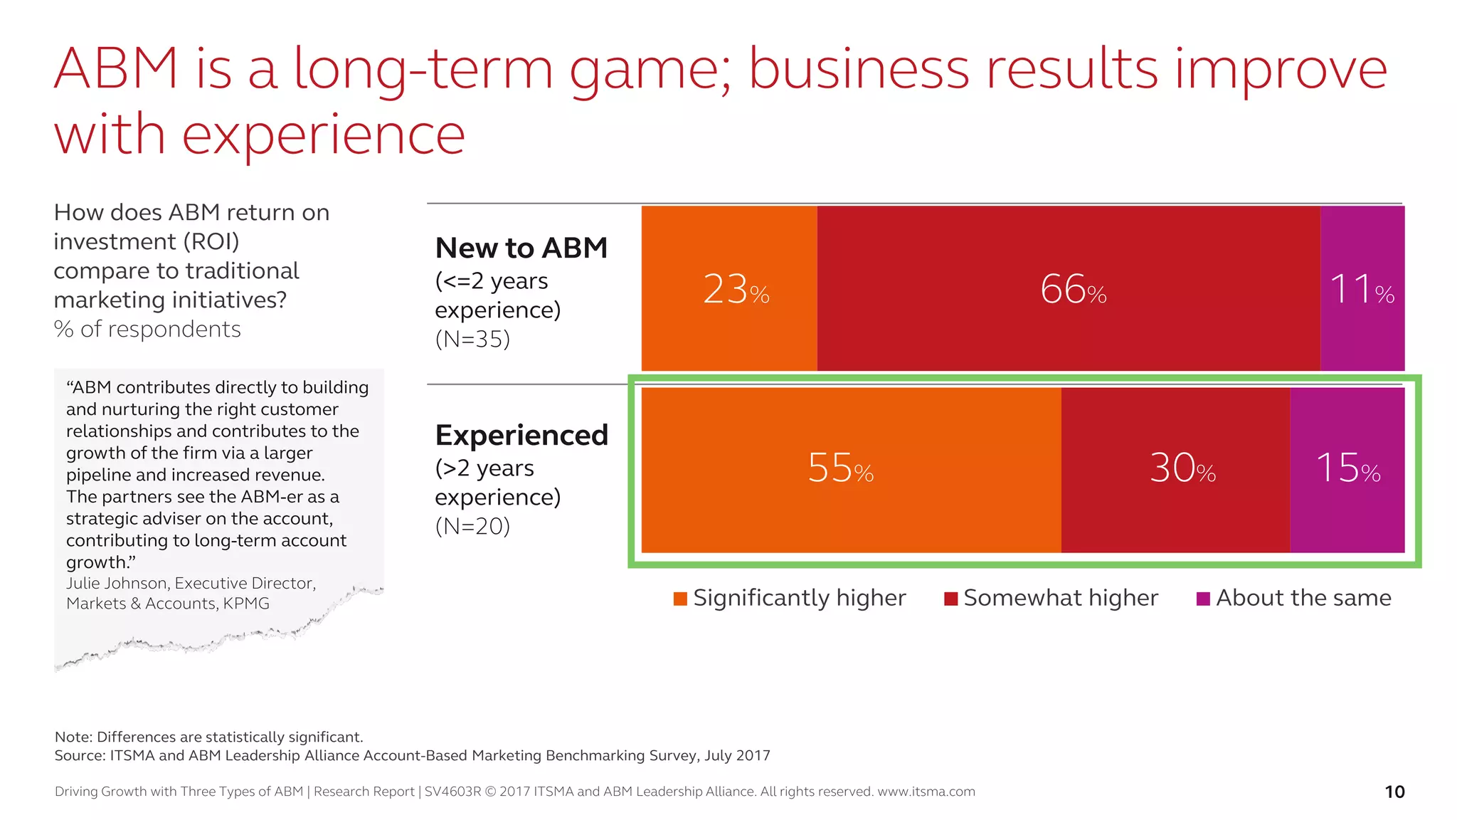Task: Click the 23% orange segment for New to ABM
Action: [x=729, y=288]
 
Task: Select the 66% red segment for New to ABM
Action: [x=1069, y=288]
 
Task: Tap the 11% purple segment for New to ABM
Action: [x=1362, y=288]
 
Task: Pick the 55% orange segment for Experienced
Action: [x=851, y=470]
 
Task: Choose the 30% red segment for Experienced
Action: [x=1175, y=470]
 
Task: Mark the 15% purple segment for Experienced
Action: [x=1347, y=470]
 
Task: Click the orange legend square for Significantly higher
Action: [x=680, y=599]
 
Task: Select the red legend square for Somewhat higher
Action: [x=950, y=599]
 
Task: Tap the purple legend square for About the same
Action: [x=1203, y=599]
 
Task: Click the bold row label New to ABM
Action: [x=521, y=248]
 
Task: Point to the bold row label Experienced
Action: [x=521, y=435]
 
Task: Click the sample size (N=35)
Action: [x=472, y=339]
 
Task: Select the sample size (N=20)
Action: [x=472, y=526]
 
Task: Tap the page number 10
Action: [x=1394, y=792]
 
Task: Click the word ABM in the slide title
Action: [x=116, y=69]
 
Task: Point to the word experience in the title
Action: [x=324, y=135]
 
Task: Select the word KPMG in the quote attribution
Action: [x=246, y=604]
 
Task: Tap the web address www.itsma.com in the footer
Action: [x=926, y=792]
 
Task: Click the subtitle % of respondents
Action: [x=147, y=329]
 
